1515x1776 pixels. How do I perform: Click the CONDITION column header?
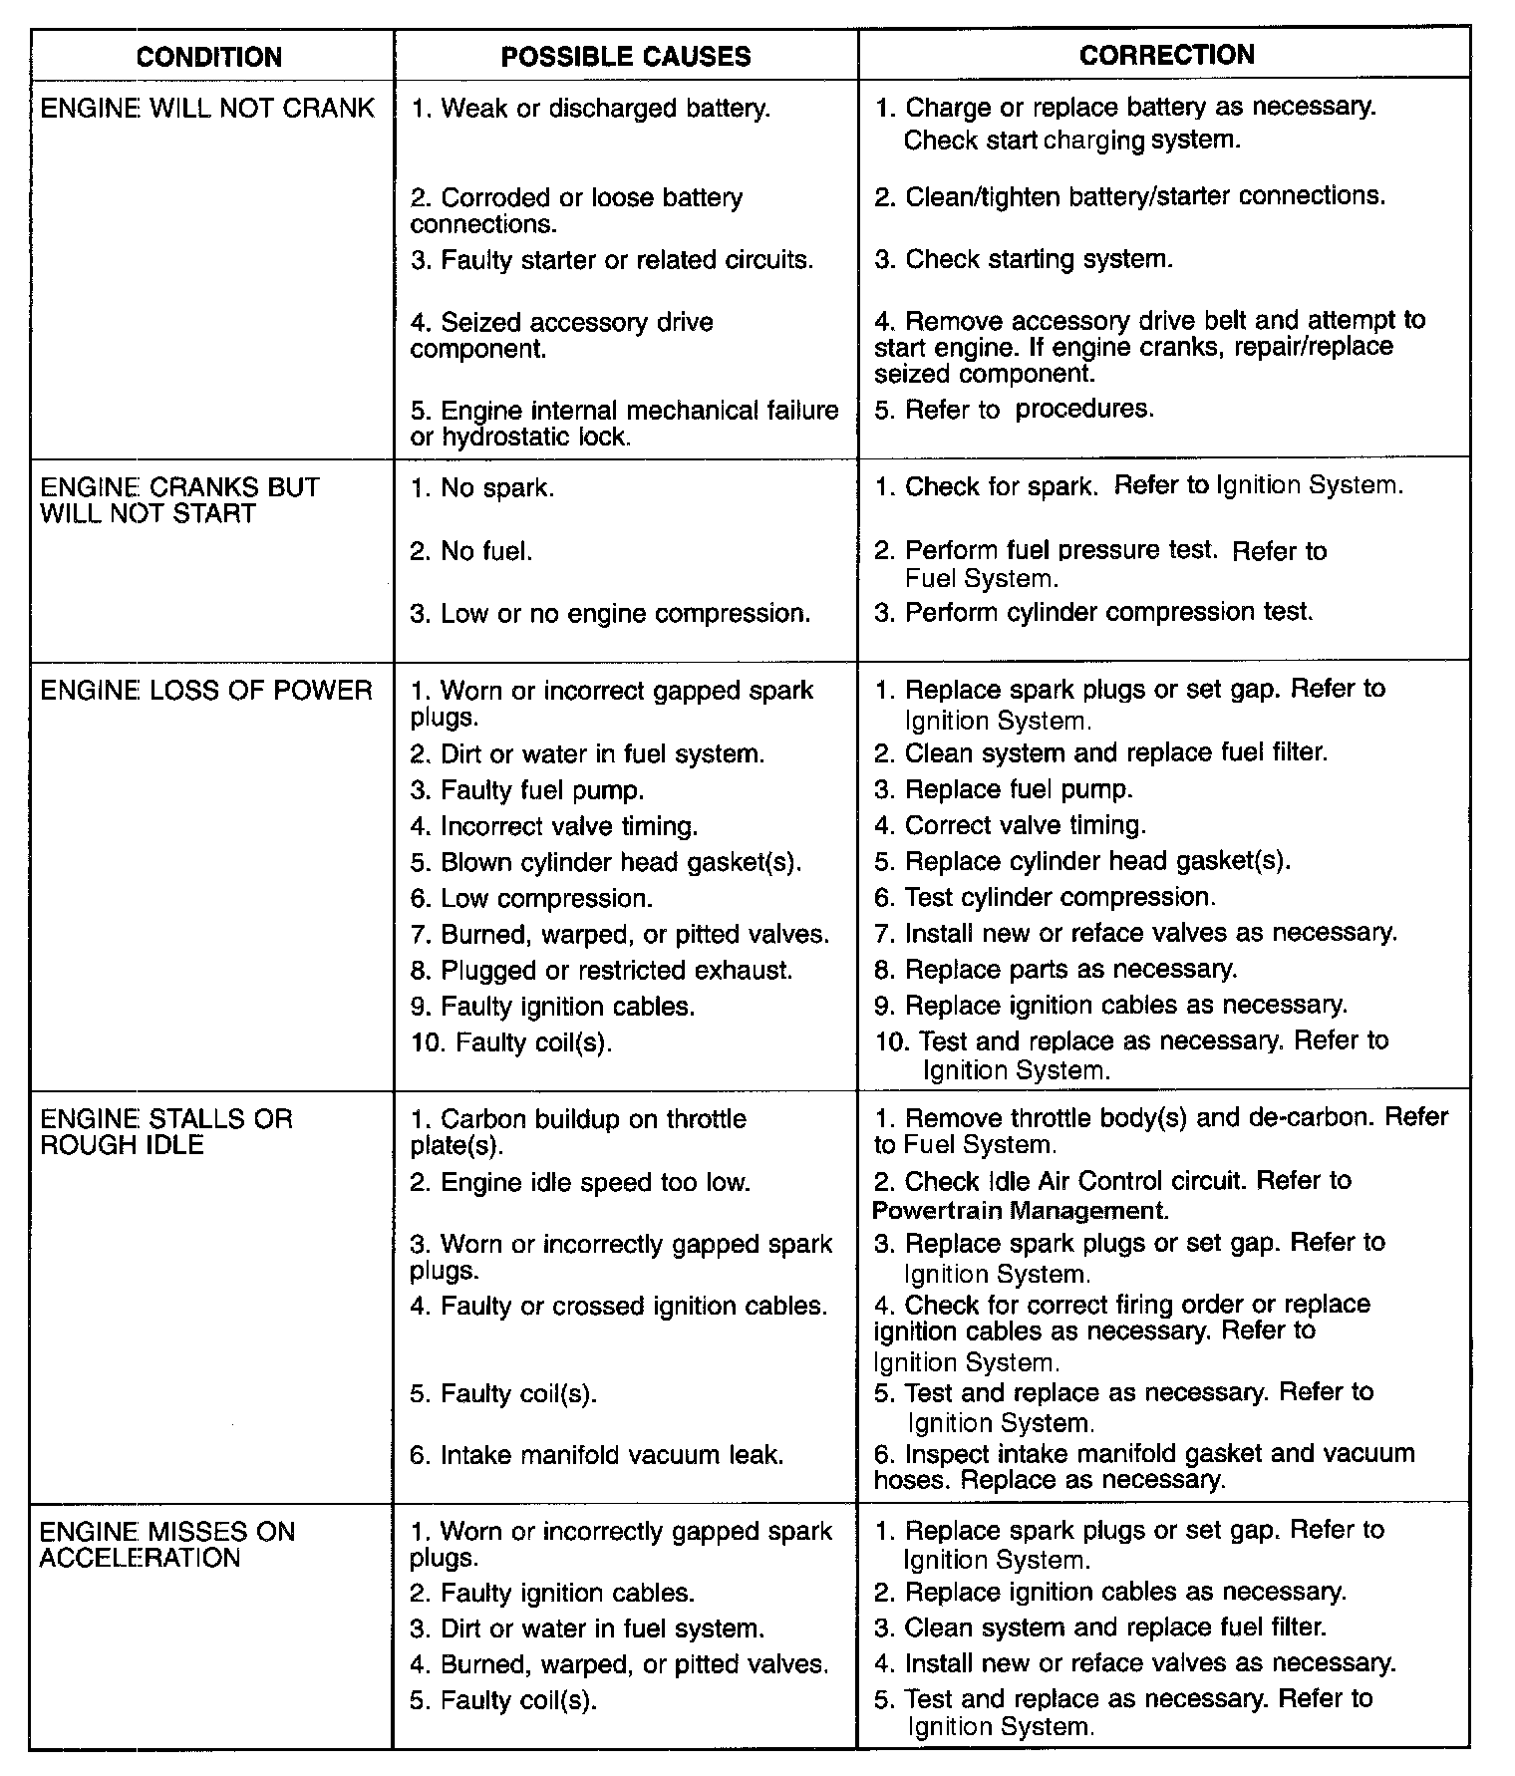click(x=209, y=57)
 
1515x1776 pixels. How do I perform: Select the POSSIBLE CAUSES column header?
click(x=626, y=57)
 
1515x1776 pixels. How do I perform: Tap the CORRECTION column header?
click(x=1166, y=55)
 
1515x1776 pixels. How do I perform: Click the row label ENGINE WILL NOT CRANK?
click(x=207, y=108)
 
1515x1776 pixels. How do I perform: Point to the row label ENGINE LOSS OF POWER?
click(x=206, y=690)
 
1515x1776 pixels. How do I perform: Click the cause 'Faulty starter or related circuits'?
click(x=611, y=260)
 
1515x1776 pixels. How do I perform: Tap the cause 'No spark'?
click(x=482, y=488)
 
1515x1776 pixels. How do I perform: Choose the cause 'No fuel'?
click(x=471, y=551)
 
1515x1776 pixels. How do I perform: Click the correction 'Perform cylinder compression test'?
click(x=1093, y=612)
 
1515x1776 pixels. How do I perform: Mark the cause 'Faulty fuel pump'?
click(x=527, y=790)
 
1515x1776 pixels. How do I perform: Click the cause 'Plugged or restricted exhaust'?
click(x=601, y=970)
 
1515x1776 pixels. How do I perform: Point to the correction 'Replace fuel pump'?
click(x=1004, y=789)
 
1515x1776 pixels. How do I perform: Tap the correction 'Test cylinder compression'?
click(x=1045, y=897)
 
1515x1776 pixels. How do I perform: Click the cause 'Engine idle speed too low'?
click(x=580, y=1183)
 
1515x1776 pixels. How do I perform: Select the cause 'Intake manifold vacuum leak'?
click(x=596, y=1455)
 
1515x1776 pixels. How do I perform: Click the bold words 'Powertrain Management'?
click(x=1020, y=1211)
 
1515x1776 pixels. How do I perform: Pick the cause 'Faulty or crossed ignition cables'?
click(x=618, y=1306)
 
